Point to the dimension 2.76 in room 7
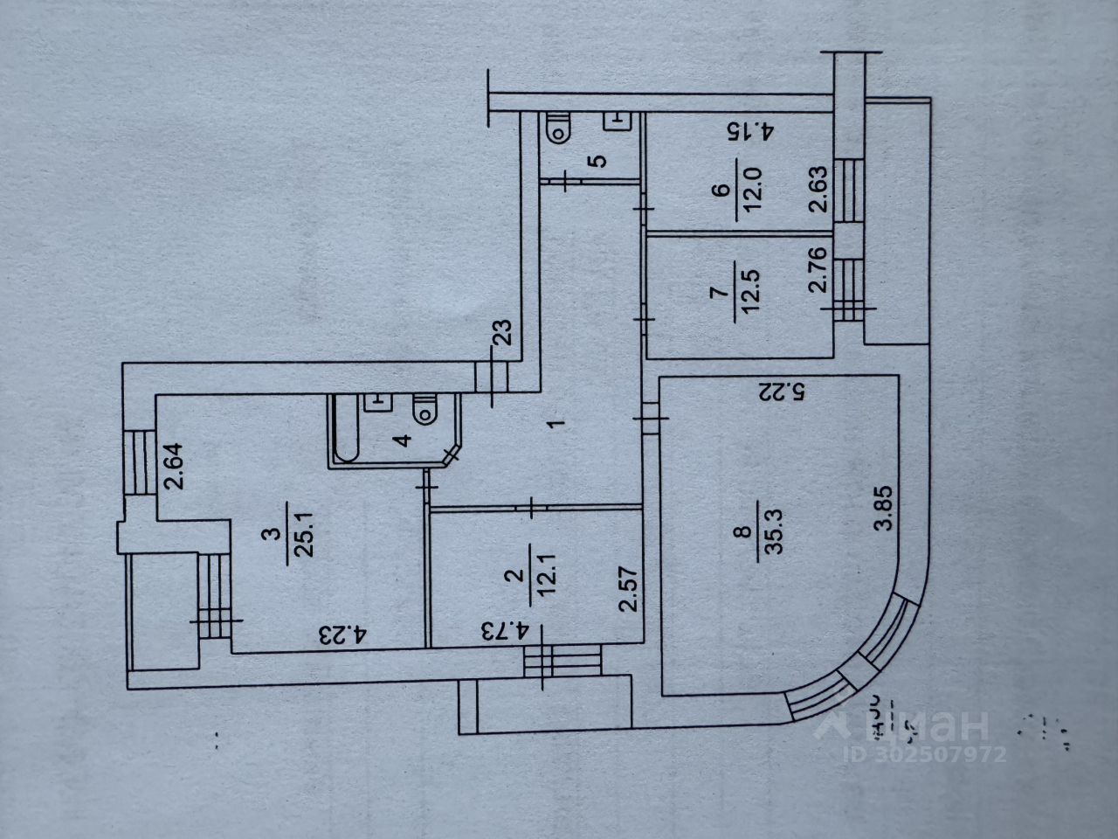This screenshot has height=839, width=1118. pyautogui.click(x=816, y=276)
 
